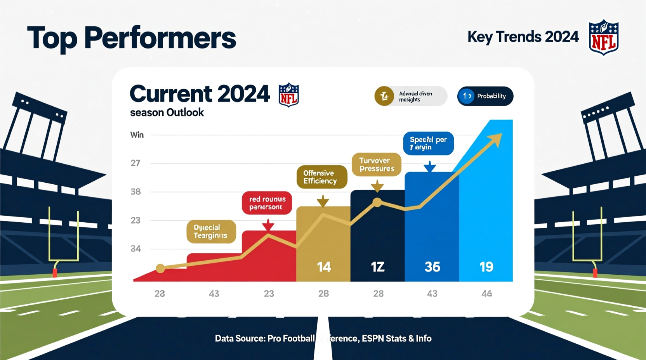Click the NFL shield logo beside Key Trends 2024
(603, 37)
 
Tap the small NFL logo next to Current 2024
(288, 95)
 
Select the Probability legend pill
(485, 96)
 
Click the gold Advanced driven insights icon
(384, 96)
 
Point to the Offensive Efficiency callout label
(322, 177)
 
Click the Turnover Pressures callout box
(376, 164)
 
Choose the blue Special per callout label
(428, 143)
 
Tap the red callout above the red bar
(267, 202)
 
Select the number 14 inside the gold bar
(324, 267)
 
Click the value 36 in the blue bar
(432, 267)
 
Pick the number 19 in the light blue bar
(486, 267)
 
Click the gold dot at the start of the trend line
(160, 268)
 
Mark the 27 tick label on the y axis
(135, 163)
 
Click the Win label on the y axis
(137, 135)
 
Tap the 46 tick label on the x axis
(487, 294)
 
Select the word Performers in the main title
(160, 38)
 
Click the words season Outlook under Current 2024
(167, 112)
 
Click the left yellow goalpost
(63, 237)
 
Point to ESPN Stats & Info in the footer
(396, 339)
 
